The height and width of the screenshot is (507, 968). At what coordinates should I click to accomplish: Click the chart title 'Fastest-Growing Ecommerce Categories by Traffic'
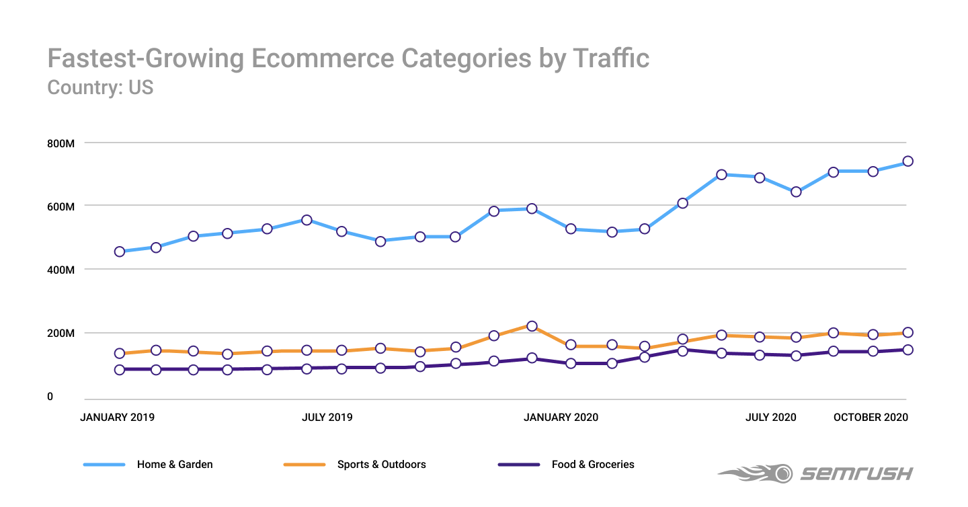click(x=348, y=58)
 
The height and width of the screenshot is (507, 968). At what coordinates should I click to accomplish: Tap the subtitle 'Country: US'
click(x=100, y=87)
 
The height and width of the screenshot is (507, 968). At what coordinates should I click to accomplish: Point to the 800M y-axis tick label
click(x=60, y=143)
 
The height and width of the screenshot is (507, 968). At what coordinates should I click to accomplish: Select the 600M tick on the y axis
click(x=60, y=206)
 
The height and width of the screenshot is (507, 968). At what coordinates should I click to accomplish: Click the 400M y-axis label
click(x=60, y=270)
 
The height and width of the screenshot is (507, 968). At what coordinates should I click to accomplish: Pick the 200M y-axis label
click(x=60, y=334)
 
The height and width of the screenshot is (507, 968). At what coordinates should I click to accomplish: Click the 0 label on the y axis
click(x=50, y=397)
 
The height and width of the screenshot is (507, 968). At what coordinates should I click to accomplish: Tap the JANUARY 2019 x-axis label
click(x=117, y=417)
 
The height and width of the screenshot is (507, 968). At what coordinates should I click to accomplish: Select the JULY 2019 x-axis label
click(x=327, y=417)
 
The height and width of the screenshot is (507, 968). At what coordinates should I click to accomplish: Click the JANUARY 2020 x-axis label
click(x=561, y=417)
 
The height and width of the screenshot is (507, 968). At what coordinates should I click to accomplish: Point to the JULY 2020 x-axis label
click(x=770, y=417)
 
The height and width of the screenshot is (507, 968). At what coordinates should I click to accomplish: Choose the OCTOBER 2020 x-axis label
click(x=871, y=417)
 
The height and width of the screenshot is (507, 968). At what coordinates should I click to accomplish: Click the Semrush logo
click(x=815, y=473)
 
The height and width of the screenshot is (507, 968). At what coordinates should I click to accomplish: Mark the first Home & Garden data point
click(x=120, y=251)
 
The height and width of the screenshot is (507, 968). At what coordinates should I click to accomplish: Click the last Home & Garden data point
click(x=908, y=161)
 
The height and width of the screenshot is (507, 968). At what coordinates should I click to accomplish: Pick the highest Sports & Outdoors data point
click(x=532, y=326)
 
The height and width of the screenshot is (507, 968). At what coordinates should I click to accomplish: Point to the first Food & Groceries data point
click(x=120, y=369)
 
